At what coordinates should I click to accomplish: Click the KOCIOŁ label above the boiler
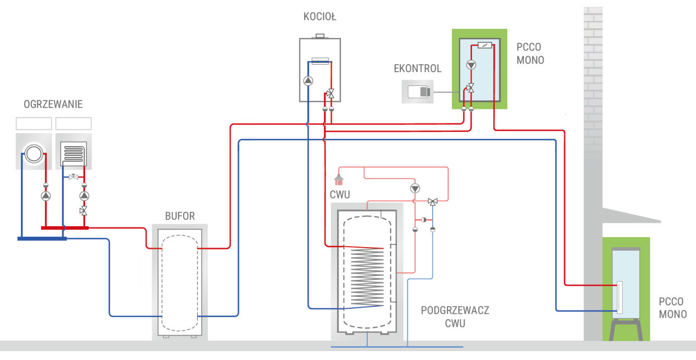pyautogui.click(x=320, y=17)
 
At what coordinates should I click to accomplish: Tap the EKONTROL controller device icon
pyautogui.click(x=418, y=92)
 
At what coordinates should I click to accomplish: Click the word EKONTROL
pyautogui.click(x=418, y=69)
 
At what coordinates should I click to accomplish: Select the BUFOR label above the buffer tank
pyautogui.click(x=180, y=216)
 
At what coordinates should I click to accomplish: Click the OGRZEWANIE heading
pyautogui.click(x=53, y=104)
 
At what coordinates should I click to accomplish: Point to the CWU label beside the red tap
pyautogui.click(x=340, y=194)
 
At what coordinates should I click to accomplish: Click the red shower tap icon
pyautogui.click(x=339, y=179)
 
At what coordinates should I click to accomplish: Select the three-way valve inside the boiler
pyautogui.click(x=330, y=93)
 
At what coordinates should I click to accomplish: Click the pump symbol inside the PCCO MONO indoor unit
pyautogui.click(x=471, y=65)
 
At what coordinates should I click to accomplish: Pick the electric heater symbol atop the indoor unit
pyautogui.click(x=484, y=46)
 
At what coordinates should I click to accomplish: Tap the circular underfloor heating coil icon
pyautogui.click(x=33, y=153)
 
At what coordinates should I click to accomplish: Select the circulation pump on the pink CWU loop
pyautogui.click(x=415, y=188)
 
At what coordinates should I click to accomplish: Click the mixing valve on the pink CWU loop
pyautogui.click(x=433, y=201)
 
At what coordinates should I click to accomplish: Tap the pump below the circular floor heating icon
pyautogui.click(x=46, y=196)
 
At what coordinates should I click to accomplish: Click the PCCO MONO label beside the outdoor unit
pyautogui.click(x=673, y=308)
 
